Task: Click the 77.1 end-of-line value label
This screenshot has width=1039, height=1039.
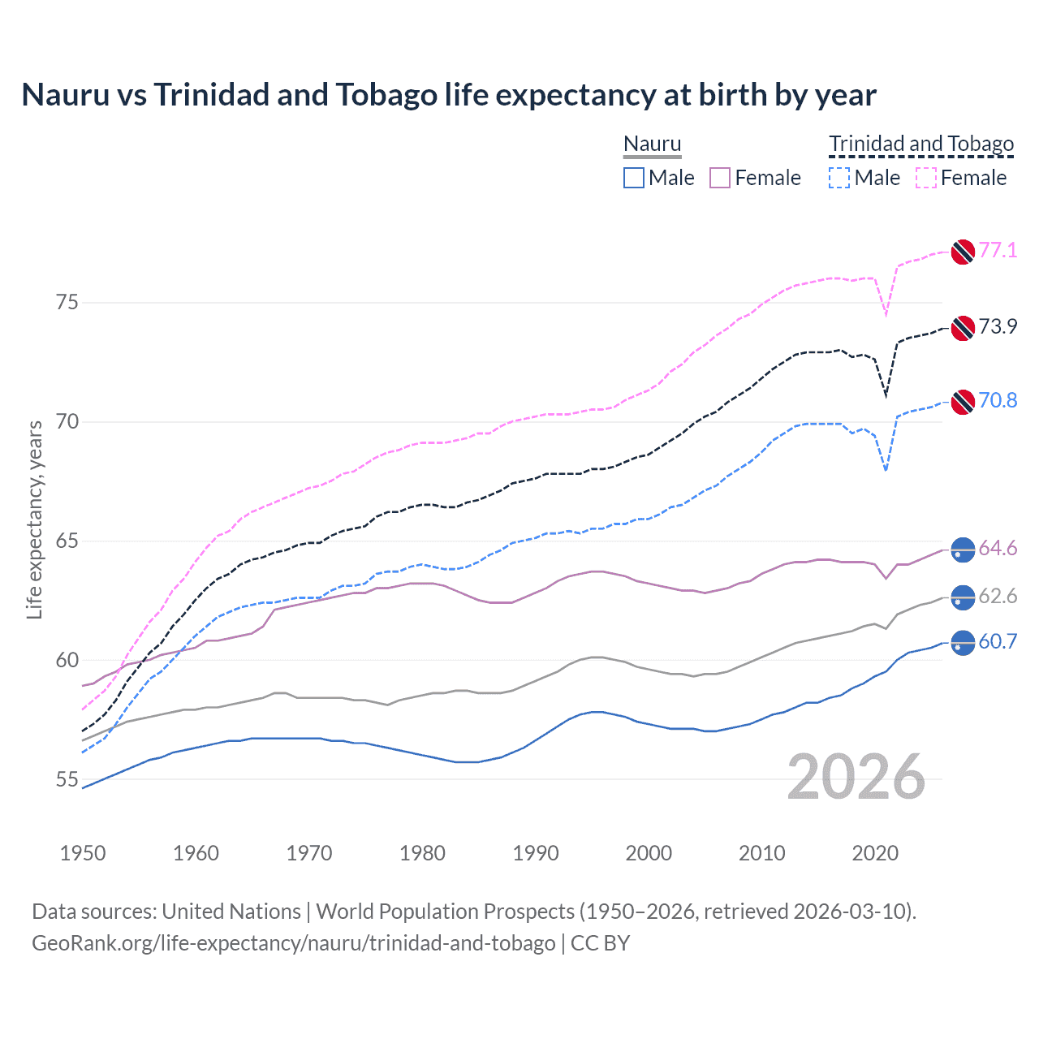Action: (998, 250)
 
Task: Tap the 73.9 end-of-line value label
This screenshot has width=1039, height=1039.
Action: (998, 326)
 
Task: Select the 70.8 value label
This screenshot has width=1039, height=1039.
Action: (998, 400)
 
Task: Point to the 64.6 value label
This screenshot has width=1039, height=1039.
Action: (998, 549)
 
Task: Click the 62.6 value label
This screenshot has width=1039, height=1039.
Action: (998, 597)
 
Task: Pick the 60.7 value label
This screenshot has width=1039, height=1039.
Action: (998, 641)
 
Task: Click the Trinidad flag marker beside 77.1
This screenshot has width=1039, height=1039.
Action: (963, 252)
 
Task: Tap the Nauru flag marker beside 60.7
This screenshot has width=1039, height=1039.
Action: (963, 643)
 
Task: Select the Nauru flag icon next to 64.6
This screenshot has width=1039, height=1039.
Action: (963, 550)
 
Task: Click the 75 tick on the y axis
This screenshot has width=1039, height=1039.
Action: (67, 303)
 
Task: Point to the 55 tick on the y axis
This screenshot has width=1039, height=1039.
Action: (67, 779)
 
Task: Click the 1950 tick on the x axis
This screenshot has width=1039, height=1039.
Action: (83, 853)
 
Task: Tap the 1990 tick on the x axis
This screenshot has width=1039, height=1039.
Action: (536, 853)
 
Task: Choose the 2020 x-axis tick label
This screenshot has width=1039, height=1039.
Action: (875, 853)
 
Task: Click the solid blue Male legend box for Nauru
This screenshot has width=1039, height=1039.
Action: (634, 178)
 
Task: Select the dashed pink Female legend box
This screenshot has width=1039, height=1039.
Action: (926, 178)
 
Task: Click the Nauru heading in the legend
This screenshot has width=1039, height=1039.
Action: (652, 144)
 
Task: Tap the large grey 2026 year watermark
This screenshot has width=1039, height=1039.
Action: (856, 777)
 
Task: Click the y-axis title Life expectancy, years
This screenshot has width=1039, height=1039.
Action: (35, 519)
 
